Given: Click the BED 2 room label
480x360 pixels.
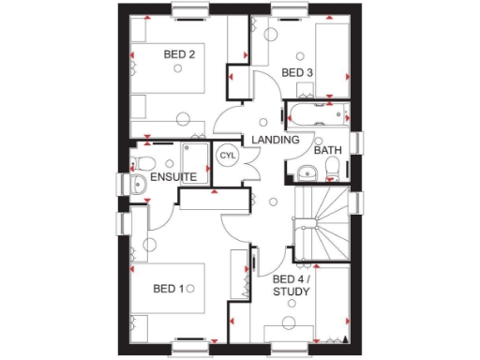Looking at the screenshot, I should [x=179, y=55].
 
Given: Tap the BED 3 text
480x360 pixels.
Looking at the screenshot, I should [x=297, y=72].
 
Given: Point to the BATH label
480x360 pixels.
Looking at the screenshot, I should [x=327, y=150].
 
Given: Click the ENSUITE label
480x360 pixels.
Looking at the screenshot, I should [x=173, y=176].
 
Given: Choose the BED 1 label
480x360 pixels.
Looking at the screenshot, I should [x=173, y=289].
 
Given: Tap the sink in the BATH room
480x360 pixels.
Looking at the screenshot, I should [x=305, y=172].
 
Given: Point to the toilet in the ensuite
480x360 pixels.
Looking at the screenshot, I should [x=138, y=184].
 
